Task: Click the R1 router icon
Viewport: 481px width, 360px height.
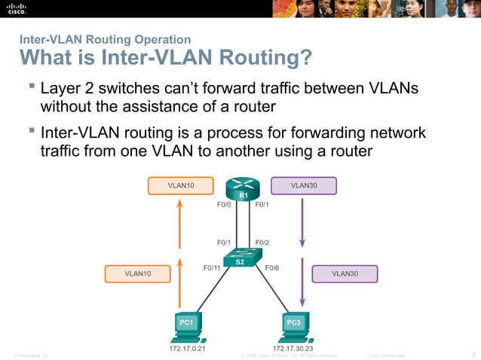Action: pos(242,189)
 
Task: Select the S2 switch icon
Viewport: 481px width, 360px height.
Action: pos(239,258)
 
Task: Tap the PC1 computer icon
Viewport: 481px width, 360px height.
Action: pos(185,326)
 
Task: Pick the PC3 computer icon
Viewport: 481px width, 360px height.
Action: pos(294,326)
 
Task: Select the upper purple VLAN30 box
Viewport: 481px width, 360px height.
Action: pos(303,185)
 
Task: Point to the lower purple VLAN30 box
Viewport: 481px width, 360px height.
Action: pos(345,273)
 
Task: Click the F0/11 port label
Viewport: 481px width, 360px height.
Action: pos(212,267)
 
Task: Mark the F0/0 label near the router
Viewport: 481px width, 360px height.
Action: pos(223,204)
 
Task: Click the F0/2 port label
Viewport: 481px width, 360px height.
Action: pos(262,243)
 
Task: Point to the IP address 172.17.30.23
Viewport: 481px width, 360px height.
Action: pos(293,349)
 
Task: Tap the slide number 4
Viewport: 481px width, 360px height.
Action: pos(473,354)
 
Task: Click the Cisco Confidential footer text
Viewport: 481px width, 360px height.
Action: pos(385,355)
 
